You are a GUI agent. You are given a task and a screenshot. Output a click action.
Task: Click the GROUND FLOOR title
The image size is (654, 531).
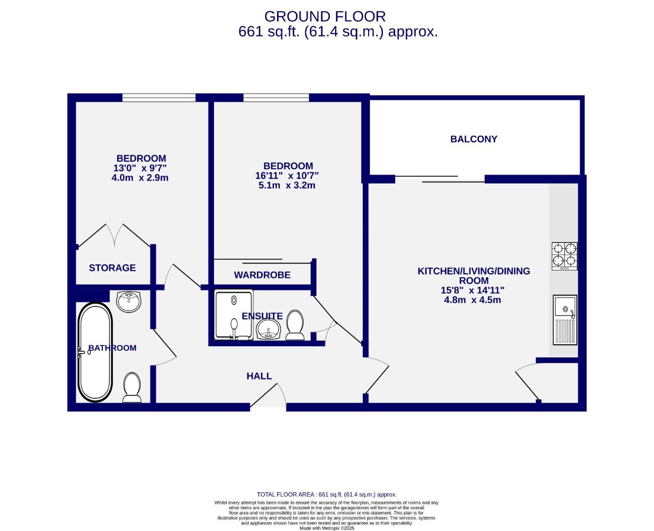[325, 17]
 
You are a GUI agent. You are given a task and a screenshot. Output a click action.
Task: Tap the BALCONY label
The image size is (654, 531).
[473, 139]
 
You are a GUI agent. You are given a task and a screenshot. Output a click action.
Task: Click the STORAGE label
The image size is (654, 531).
[112, 268]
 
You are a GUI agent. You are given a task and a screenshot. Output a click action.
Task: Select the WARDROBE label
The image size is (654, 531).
[262, 275]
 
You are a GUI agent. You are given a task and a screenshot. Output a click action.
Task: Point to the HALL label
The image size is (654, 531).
[259, 376]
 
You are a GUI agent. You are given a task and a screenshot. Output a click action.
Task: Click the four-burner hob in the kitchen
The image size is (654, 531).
[564, 256]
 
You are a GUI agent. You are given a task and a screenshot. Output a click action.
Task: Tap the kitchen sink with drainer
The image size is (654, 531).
[564, 320]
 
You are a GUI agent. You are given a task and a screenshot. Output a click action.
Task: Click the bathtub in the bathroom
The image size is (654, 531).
[95, 352]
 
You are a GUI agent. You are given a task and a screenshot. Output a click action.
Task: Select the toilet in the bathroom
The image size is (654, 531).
[132, 387]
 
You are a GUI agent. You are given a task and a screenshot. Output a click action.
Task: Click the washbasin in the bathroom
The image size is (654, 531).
[129, 301]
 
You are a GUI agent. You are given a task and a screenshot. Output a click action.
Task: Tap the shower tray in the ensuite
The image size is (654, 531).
[234, 315]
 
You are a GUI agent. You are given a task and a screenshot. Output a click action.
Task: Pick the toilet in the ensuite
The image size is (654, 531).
[295, 325]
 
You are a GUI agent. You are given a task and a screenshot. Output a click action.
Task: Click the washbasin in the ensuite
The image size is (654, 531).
[268, 329]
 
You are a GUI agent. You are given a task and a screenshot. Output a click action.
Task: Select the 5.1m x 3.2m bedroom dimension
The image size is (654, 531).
[287, 185]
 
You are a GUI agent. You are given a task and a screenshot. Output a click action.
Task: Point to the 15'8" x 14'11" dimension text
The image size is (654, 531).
[472, 291]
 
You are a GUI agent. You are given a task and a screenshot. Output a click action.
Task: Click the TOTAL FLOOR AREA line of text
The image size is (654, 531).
[326, 495]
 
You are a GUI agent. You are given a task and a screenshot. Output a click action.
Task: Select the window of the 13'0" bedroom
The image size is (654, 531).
[158, 98]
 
